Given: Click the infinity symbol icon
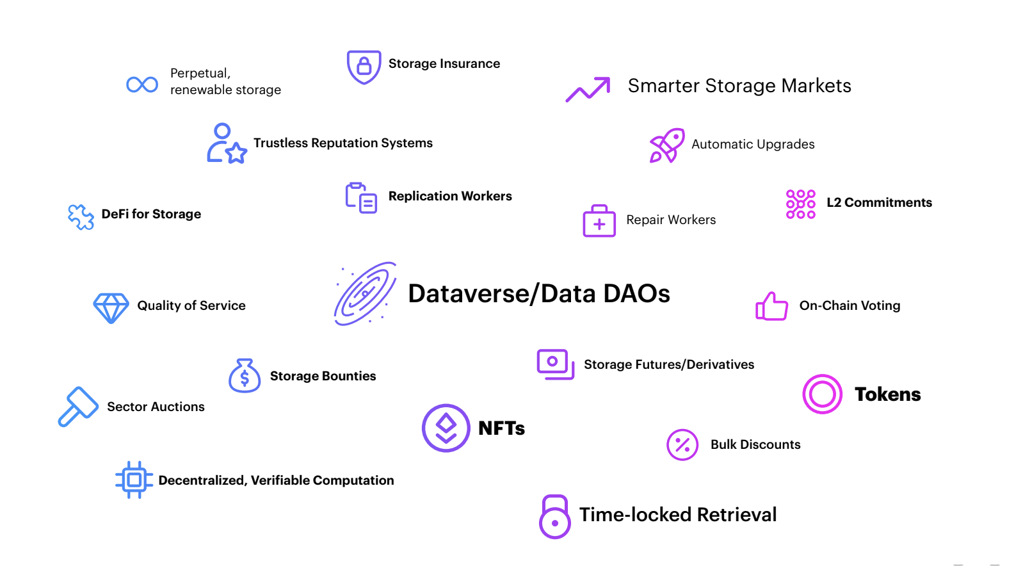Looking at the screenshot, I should pos(142,85).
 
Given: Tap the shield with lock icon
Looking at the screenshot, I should pos(364,67).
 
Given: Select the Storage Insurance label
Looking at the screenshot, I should pos(444,63).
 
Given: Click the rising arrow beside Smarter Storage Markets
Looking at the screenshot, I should pos(588,89).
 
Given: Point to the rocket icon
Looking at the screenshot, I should pos(666,145).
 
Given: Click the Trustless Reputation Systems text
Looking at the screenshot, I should pos(342,143).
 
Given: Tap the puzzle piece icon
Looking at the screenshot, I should pos(81,217).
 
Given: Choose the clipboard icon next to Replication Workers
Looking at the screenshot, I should pos(361,198).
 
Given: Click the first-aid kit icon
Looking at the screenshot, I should pos(599,222).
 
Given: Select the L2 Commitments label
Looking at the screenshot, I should pos(878,202).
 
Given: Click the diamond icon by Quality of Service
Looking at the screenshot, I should pos(111,308).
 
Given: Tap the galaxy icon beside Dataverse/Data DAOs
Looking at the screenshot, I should pos(366,294).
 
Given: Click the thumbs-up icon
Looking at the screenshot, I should pos(771,307).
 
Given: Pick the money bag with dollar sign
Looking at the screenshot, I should pos(245,376).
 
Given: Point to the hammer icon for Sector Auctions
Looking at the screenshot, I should pos(78,406).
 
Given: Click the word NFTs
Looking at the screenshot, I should pos(501,428).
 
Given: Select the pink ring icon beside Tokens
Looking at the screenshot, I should pos(822,394).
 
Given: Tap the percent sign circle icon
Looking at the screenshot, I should pos(682,444).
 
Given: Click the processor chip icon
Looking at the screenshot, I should pos(134,480).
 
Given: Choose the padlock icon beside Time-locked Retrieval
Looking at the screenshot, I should pos(555,517).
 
